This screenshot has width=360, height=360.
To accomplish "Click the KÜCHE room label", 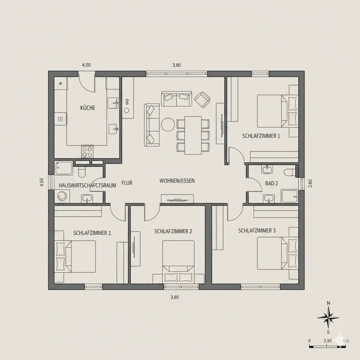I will click(x=88, y=108).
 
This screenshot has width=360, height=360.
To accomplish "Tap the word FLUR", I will click(x=127, y=183).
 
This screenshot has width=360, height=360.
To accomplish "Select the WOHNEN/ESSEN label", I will click(x=177, y=181).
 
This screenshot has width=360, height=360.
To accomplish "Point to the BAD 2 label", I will click(x=272, y=183).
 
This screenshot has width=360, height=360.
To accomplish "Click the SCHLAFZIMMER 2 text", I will click(x=173, y=231).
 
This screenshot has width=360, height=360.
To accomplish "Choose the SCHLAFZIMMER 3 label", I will click(x=257, y=231).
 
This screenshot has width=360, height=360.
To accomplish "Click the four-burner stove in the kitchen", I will click(x=87, y=152).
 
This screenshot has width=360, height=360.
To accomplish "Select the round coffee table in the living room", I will click(x=168, y=124).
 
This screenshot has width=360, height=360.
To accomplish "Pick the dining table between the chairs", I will click(x=193, y=135).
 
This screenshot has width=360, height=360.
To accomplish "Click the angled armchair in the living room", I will click(x=202, y=99).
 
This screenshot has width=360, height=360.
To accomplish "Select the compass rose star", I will click(x=328, y=317).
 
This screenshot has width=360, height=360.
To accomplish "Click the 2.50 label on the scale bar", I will click(x=327, y=341).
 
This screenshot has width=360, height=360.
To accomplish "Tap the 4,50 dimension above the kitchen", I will click(x=86, y=65).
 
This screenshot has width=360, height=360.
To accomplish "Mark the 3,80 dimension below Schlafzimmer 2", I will click(x=174, y=297).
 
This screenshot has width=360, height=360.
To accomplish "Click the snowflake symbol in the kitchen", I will click(x=60, y=83).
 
